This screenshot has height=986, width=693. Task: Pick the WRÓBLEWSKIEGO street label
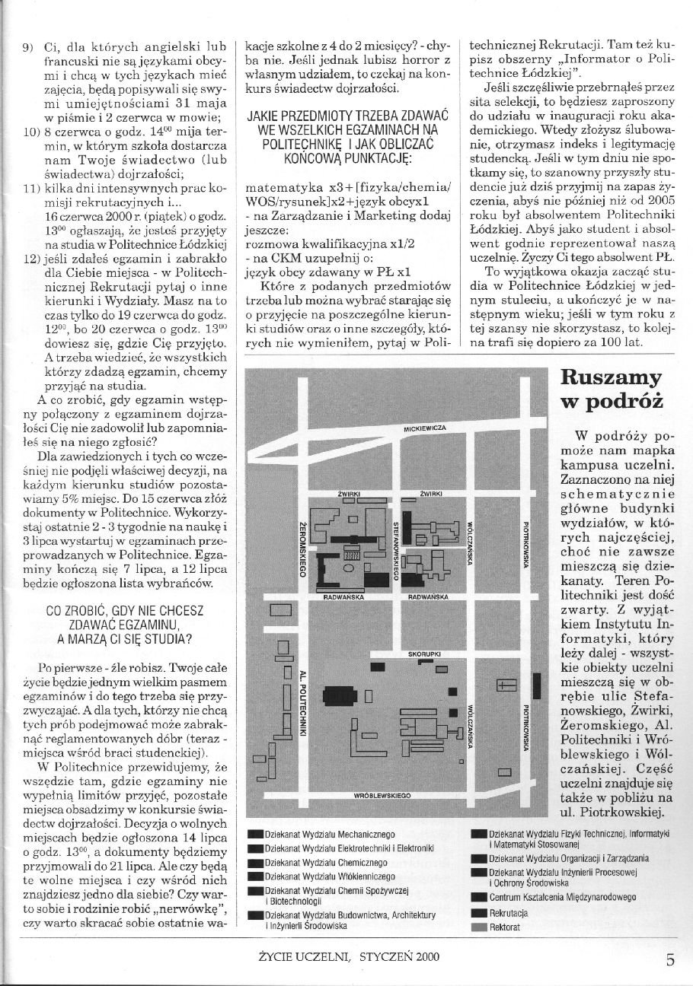coord(383,794)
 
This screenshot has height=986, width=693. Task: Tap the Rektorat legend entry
coord(505,927)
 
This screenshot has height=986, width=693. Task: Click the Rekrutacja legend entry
coord(509,912)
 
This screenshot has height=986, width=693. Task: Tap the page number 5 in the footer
coord(670,959)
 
